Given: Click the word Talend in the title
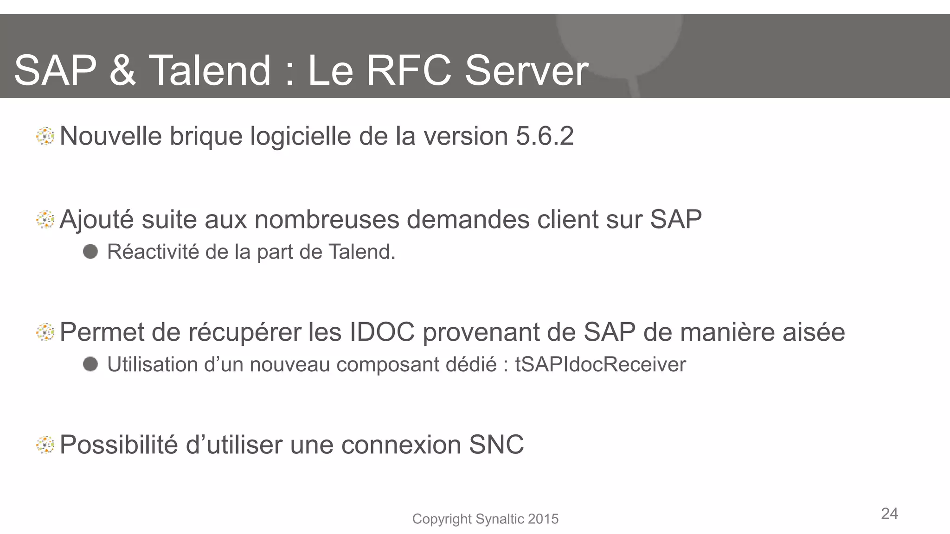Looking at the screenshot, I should (x=210, y=70).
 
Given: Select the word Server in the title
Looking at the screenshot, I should (x=526, y=70).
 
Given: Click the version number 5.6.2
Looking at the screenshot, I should (x=545, y=136).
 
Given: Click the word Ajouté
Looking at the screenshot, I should (x=97, y=220).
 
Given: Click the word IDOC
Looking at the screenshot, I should (x=382, y=332).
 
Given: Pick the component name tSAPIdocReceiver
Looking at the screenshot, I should (x=600, y=364).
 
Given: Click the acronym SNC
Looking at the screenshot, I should (x=496, y=445).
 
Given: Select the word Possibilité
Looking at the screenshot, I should (x=119, y=445).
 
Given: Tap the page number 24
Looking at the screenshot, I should (x=889, y=514).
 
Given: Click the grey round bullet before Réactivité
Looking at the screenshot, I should (x=90, y=252).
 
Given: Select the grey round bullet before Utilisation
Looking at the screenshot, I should (x=90, y=364).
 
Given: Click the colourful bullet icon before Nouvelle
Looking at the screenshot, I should (x=45, y=137).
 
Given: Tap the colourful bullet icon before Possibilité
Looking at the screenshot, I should (x=45, y=445).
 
